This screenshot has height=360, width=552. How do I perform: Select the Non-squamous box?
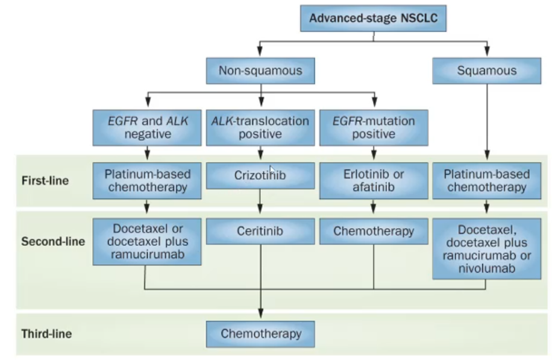click(260, 71)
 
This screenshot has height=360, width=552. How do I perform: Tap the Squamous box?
click(486, 71)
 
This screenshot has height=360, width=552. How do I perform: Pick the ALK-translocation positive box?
click(260, 127)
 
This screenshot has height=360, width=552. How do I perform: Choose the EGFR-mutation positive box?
click(373, 127)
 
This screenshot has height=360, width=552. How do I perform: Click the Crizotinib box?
click(260, 175)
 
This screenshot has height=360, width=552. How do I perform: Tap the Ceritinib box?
click(260, 231)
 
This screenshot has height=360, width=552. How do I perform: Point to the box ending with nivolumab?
click(486, 248)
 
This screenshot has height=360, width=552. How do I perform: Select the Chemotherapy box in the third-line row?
click(260, 333)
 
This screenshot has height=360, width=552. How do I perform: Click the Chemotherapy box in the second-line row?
click(373, 231)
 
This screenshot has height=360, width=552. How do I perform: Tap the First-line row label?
click(45, 181)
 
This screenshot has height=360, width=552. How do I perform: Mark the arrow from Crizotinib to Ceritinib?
click(260, 203)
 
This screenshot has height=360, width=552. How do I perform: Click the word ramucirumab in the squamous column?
click(486, 256)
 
